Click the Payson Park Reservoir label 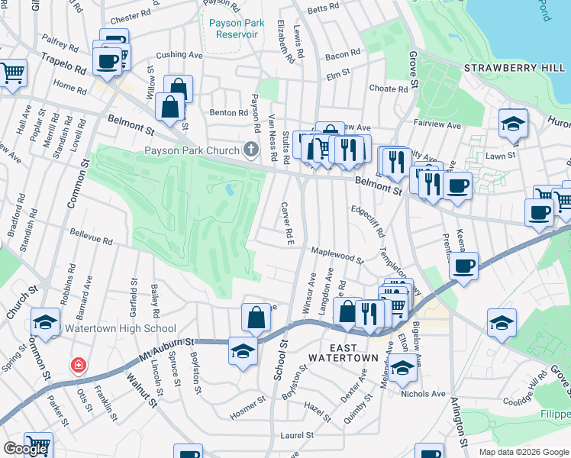coord(237,28)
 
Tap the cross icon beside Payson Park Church coord(250,149)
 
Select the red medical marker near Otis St coord(77,366)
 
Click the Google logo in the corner coord(26,448)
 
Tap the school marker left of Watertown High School coord(46,323)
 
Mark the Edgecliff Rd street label coord(367,220)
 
